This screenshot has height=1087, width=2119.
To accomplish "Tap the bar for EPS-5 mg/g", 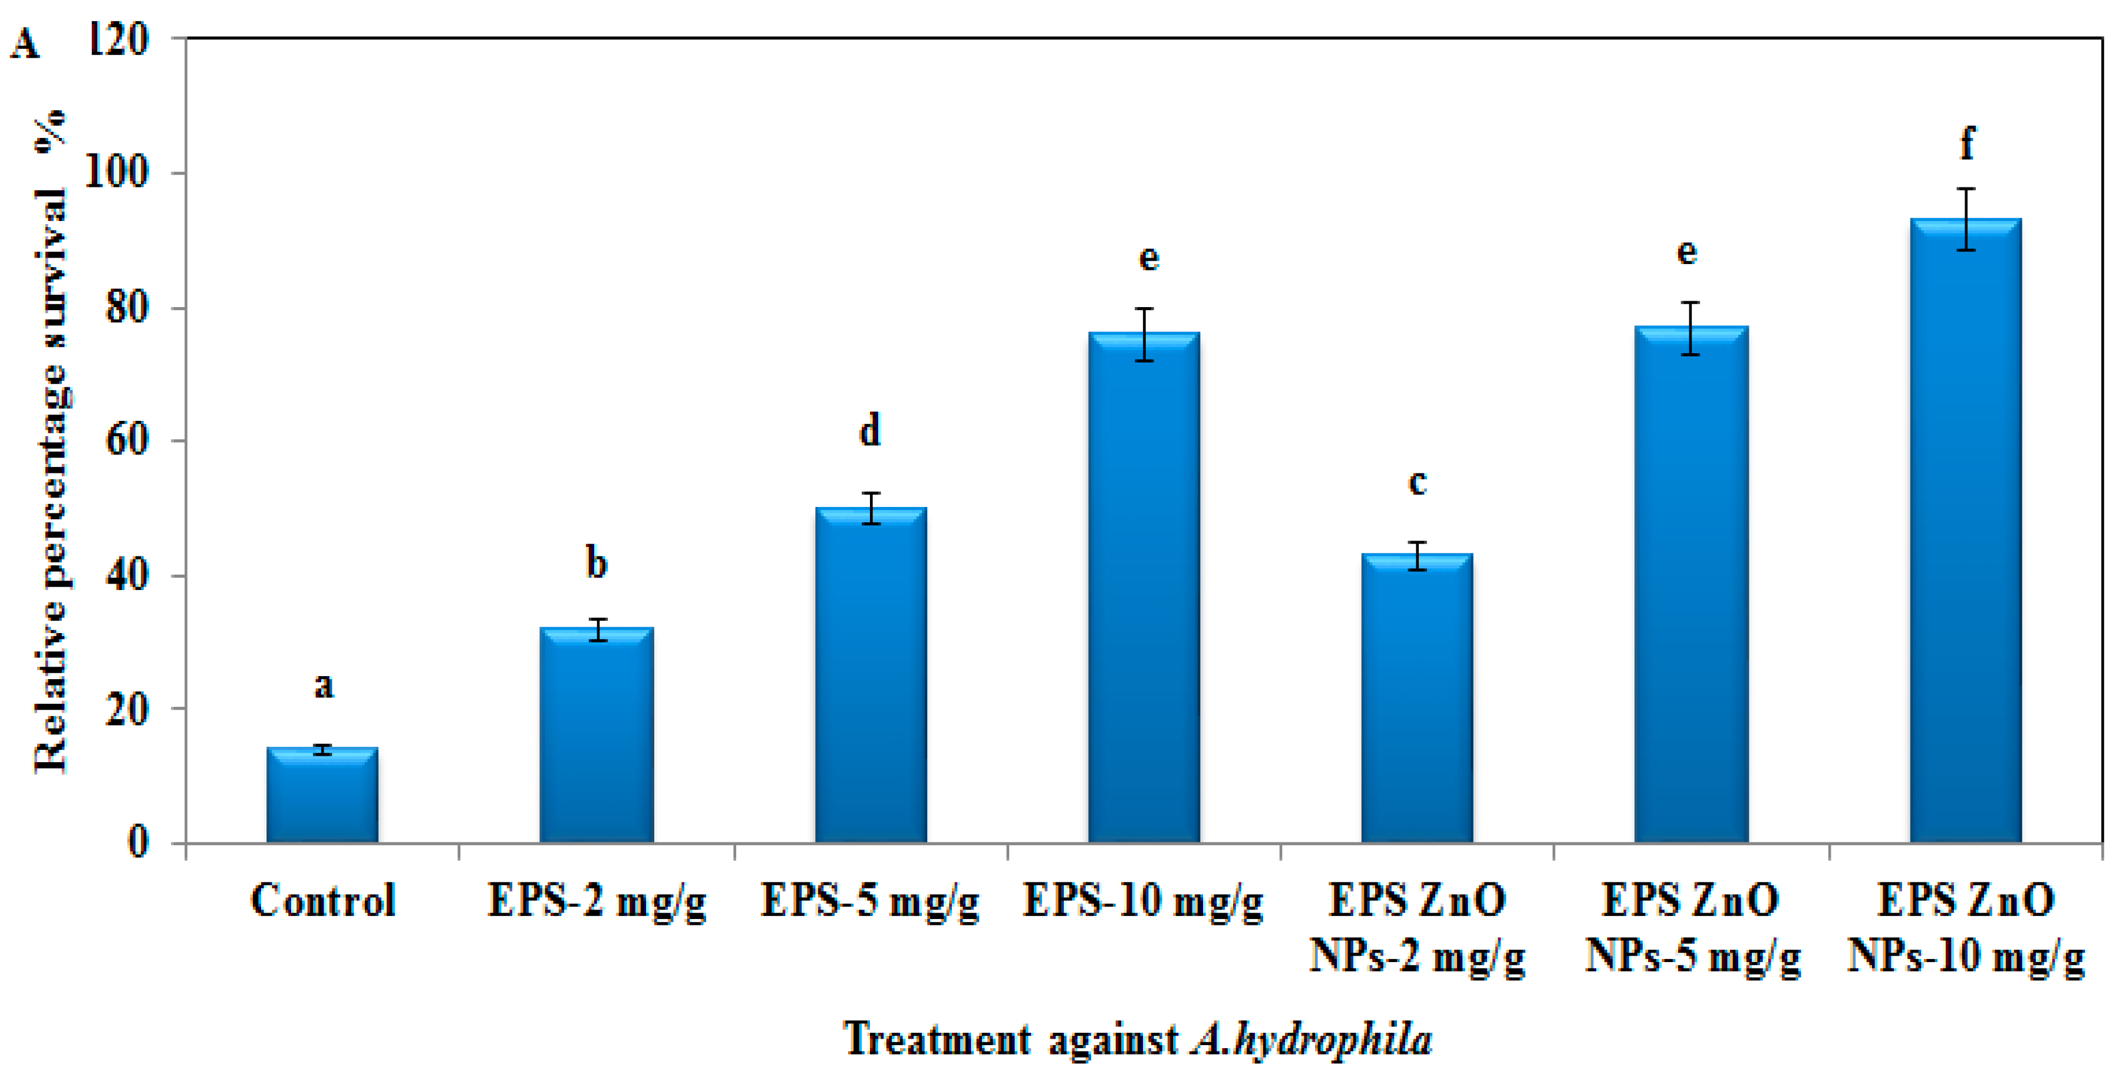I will click(871, 675).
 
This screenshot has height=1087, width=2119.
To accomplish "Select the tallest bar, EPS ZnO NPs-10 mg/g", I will click(1965, 530).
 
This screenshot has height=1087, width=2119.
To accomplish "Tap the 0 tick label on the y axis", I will click(138, 842).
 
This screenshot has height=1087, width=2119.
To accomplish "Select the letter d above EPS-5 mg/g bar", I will click(869, 430).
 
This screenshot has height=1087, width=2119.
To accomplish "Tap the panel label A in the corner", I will click(25, 44).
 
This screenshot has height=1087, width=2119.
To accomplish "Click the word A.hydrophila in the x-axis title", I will click(1311, 1039).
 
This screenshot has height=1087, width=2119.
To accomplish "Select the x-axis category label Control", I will click(322, 900).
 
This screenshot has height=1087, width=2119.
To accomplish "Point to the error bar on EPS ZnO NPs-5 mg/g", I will click(1690, 328).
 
